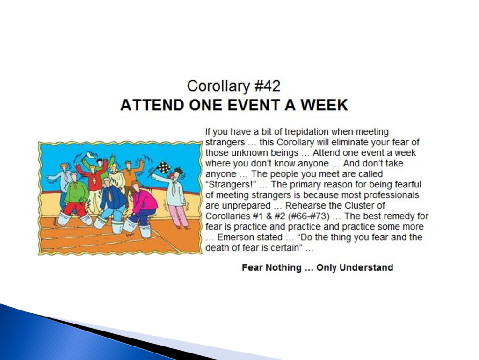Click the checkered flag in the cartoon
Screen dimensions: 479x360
click(x=164, y=167)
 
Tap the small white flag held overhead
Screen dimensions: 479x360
click(x=89, y=155)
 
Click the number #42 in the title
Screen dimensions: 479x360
click(x=267, y=86)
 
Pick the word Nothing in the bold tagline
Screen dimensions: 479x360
click(x=283, y=267)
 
